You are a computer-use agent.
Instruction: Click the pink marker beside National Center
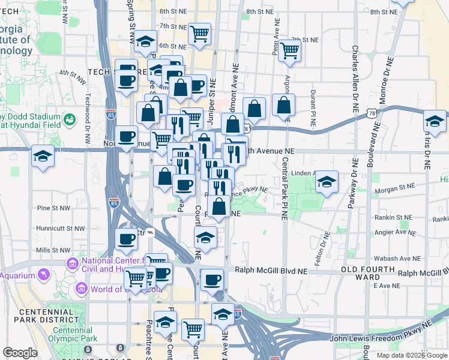pyautogui.click(x=72, y=263)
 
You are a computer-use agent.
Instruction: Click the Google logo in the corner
pyautogui.click(x=19, y=353)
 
